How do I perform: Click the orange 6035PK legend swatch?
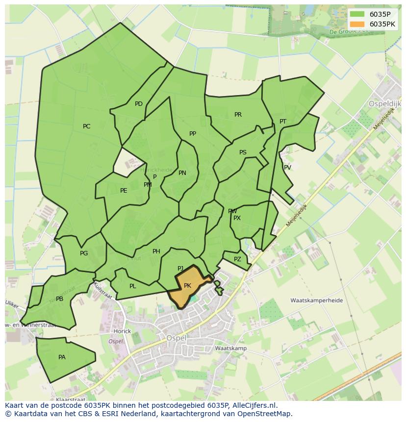357,24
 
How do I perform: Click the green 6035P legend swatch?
357,14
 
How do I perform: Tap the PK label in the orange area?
187,286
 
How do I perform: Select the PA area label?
62,357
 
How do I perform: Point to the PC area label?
87,126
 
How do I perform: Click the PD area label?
139,104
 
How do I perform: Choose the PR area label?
238,115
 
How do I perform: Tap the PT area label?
283,122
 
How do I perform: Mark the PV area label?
288,168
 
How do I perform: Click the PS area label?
243,152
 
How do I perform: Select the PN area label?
182,173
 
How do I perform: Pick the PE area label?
124,191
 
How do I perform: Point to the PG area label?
84,253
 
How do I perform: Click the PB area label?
59,299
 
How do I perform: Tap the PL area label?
133,286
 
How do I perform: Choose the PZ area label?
237,259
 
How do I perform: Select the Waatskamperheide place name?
316,300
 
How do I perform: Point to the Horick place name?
122,331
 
